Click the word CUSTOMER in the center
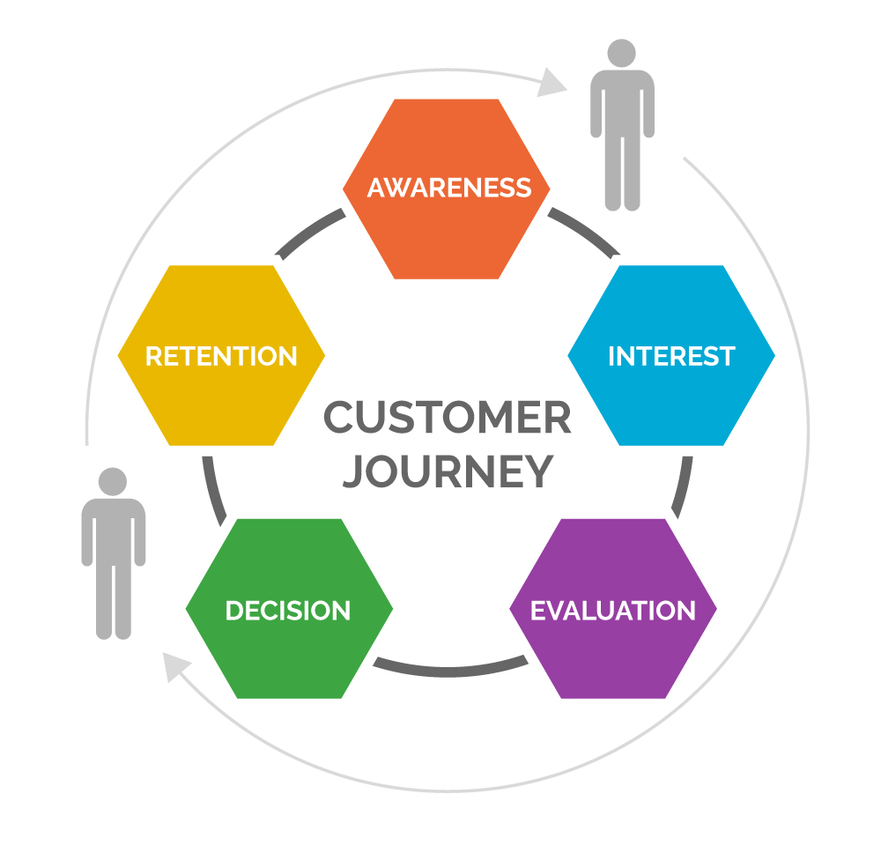447,418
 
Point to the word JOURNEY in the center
447,471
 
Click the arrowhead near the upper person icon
553,82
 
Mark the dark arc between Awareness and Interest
582,232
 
